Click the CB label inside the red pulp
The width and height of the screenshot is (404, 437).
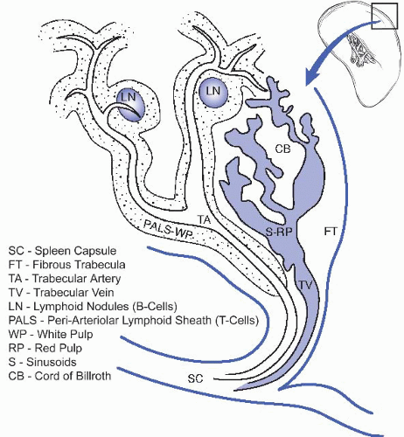click(283, 149)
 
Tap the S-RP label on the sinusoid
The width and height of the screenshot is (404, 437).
click(279, 232)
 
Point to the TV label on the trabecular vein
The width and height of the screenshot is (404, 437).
click(306, 285)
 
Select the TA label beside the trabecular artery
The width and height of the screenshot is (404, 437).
click(204, 219)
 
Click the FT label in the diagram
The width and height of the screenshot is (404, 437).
click(331, 232)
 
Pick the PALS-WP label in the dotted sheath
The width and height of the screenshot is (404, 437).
click(169, 229)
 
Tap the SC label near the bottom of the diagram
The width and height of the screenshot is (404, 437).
click(195, 378)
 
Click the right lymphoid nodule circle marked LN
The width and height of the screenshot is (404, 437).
click(213, 92)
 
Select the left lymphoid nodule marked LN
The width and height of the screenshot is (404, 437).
click(130, 105)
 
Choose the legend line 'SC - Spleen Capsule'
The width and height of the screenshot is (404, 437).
click(62, 251)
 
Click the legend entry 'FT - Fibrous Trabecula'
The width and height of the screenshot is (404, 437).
click(67, 265)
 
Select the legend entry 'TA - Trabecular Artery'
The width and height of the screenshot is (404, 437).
click(65, 279)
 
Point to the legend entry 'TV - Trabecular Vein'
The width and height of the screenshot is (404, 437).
click(61, 293)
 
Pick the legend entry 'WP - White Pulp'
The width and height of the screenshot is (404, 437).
click(51, 334)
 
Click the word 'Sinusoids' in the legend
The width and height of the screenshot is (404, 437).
click(52, 362)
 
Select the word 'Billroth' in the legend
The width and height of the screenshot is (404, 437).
click(93, 376)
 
